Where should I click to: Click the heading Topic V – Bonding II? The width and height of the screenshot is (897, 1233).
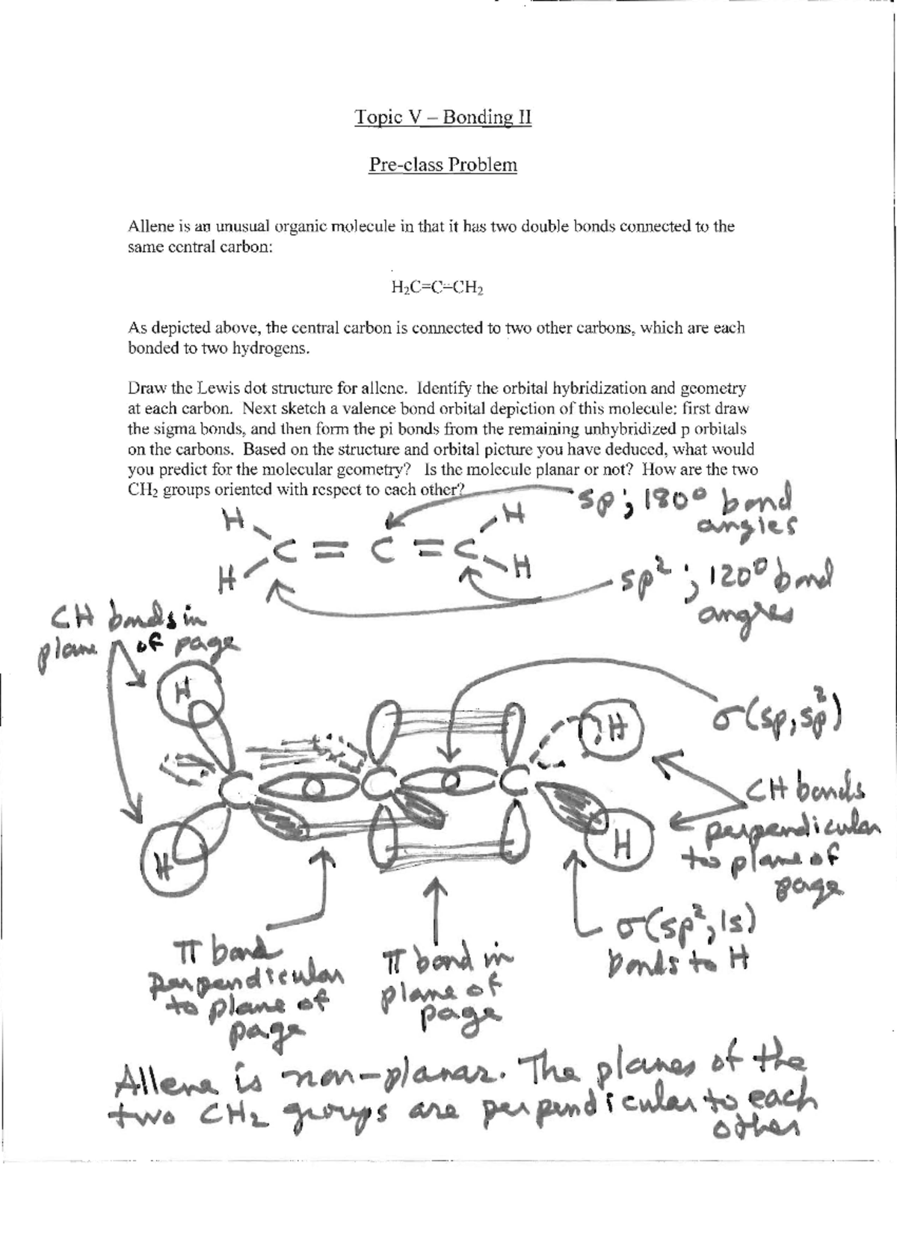tap(443, 117)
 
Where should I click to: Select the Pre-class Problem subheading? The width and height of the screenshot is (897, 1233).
tap(443, 164)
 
